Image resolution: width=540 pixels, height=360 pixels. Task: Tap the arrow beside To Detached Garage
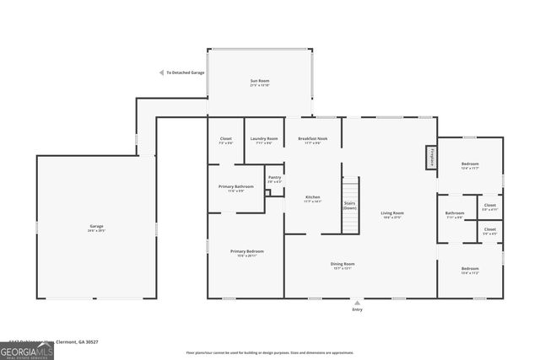(x=161, y=73)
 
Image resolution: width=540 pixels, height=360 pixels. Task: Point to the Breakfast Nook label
(x=312, y=140)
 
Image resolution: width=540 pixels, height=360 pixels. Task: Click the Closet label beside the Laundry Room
(x=225, y=140)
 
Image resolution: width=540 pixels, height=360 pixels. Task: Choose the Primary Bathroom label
(x=236, y=187)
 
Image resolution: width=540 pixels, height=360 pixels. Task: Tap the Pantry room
(x=274, y=179)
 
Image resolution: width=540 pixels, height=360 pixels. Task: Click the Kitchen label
(x=312, y=199)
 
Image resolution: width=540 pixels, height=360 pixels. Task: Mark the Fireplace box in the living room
(x=430, y=157)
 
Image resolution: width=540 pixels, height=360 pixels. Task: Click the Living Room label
(x=392, y=215)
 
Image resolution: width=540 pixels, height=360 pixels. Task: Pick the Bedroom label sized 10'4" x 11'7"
(x=469, y=165)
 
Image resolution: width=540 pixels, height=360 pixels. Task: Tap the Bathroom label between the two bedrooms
(x=455, y=215)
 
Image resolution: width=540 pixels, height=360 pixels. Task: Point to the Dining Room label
(x=343, y=266)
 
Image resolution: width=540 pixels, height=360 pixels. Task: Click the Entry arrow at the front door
(x=358, y=303)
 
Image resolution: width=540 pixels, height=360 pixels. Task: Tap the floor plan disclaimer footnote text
(x=270, y=352)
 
